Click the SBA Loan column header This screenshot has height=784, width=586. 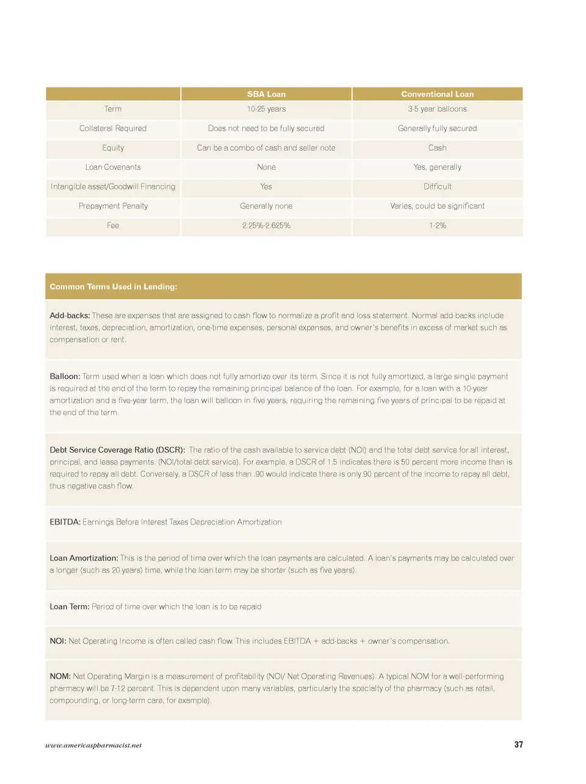[266, 94]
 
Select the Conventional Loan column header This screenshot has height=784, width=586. [437, 94]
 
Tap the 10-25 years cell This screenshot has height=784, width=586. [266, 109]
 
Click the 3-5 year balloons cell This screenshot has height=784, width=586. [437, 109]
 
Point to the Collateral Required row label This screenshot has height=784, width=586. [113, 129]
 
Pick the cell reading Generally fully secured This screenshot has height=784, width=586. [437, 129]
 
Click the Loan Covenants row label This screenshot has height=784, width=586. [113, 167]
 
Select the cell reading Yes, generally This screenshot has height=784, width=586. [437, 167]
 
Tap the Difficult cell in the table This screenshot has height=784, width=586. [437, 187]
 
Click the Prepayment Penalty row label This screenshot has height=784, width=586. [113, 206]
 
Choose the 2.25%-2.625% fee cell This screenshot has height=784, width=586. [266, 226]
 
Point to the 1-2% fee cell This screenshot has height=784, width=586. [437, 226]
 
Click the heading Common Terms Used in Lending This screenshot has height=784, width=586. [114, 287]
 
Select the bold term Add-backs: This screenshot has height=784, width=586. [70, 316]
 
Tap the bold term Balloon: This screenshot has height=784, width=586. [65, 377]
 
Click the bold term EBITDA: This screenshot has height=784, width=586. [65, 522]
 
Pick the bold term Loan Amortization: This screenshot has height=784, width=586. [84, 558]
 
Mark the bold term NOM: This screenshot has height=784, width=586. [60, 677]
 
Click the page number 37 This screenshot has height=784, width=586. [518, 745]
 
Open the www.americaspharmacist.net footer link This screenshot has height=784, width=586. [93, 746]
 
